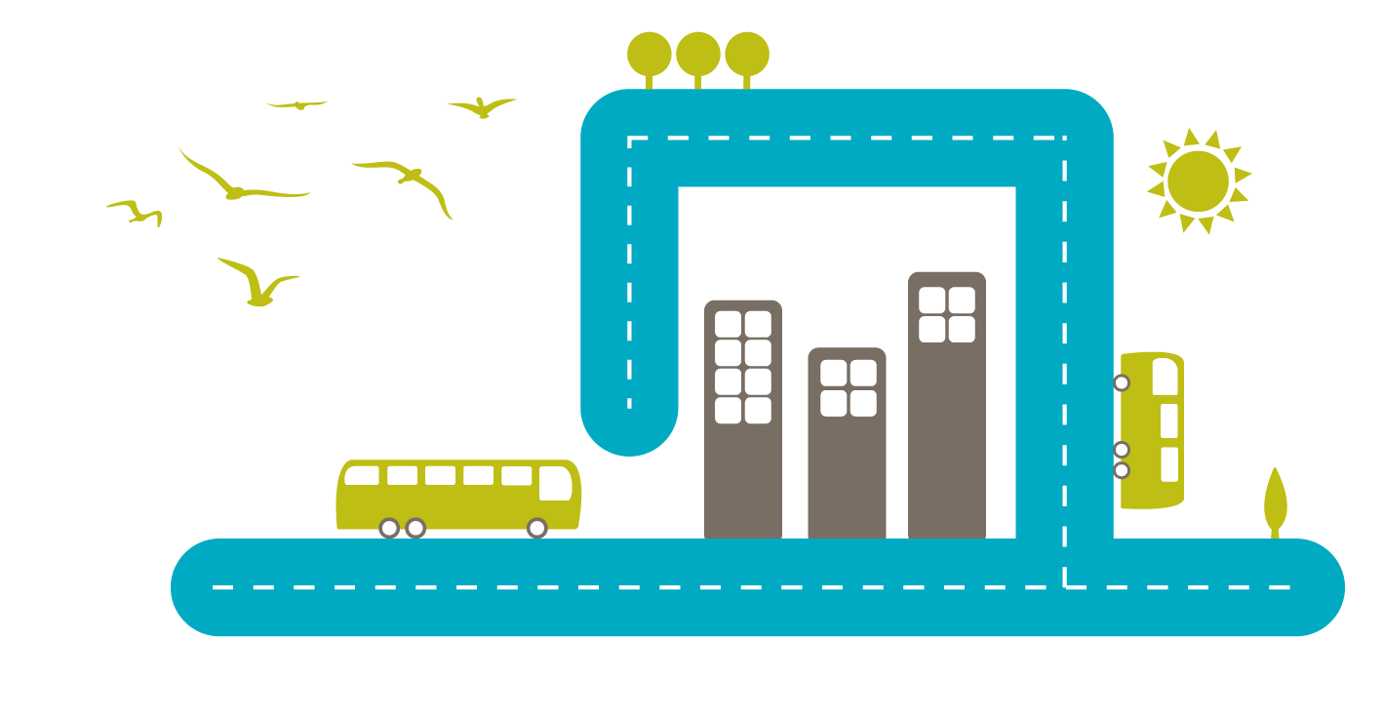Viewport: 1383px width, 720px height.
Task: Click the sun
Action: point(1198,180)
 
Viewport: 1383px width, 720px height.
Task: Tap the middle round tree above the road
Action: point(698,54)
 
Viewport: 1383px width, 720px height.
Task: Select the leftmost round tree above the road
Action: point(649,54)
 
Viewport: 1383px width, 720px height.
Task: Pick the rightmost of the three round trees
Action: point(747,54)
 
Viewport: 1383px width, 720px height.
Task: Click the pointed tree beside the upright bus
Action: point(1275,499)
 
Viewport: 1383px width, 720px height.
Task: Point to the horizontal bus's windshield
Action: point(555,483)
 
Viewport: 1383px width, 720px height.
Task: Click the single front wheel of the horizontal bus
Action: point(536,528)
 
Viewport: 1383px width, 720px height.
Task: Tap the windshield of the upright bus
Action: point(1165,377)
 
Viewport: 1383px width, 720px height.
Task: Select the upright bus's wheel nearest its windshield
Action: point(1122,382)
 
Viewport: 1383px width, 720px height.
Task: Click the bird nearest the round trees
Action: point(482,107)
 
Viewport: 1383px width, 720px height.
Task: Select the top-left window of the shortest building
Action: point(833,373)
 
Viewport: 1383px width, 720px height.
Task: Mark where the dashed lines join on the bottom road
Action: point(1064,587)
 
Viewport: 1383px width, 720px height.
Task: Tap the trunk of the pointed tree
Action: point(1275,533)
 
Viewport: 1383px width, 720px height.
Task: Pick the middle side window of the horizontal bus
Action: point(440,475)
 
